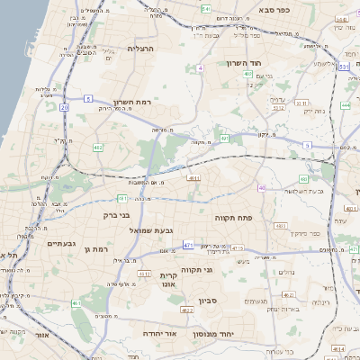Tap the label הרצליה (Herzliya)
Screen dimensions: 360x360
click(141, 48)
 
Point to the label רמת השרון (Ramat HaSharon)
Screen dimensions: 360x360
click(135, 103)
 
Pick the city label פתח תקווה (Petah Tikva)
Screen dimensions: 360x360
click(231, 218)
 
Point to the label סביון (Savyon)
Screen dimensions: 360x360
click(197, 296)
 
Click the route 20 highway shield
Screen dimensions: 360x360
click(65, 107)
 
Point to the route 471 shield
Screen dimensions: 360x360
click(188, 244)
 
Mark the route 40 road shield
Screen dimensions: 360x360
click(262, 188)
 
